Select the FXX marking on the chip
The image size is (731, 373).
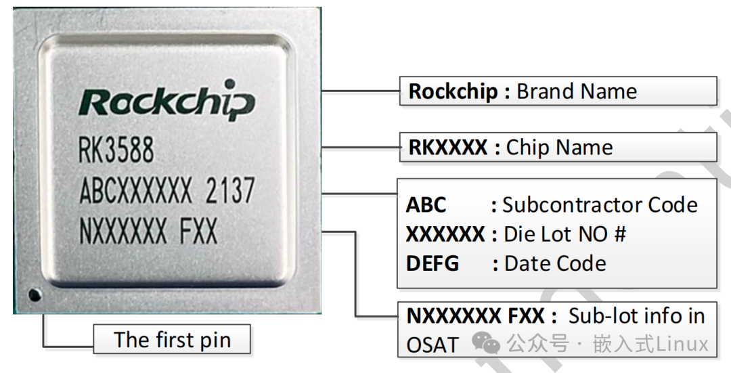[x=198, y=233]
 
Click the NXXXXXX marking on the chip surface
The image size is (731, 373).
[x=123, y=233]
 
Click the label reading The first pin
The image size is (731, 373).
[x=172, y=339]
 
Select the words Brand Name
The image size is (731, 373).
[x=577, y=91]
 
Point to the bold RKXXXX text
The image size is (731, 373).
[x=447, y=148]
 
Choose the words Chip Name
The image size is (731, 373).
[x=560, y=148]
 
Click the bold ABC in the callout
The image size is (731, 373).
[x=426, y=204]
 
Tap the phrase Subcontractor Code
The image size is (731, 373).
[x=600, y=204]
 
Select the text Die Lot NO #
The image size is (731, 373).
[x=564, y=234]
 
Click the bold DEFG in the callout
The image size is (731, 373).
[x=433, y=263]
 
